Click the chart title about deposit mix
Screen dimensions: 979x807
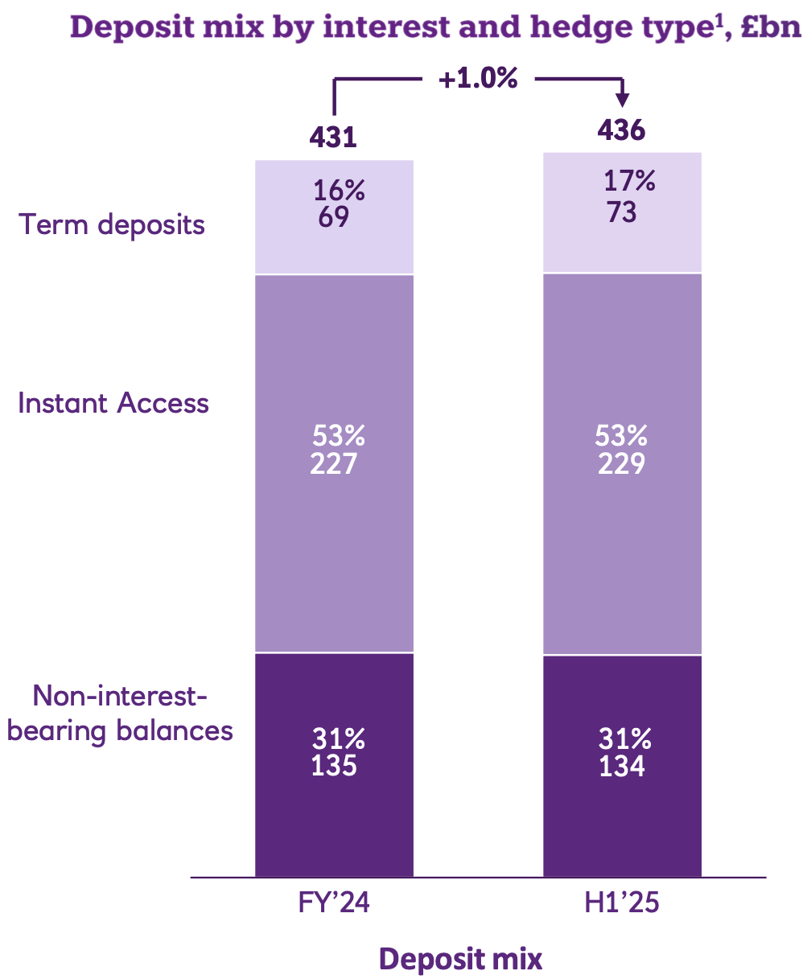[x=434, y=27]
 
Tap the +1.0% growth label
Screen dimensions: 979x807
[x=478, y=79]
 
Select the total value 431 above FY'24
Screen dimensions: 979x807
[x=333, y=137]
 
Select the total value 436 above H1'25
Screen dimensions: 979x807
[x=621, y=130]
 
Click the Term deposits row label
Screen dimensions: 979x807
[x=112, y=224]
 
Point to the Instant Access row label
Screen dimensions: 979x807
[x=113, y=402]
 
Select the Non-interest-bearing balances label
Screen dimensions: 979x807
[x=120, y=713]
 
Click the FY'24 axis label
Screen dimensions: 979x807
[x=334, y=903]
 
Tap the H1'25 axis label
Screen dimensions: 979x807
[x=622, y=903]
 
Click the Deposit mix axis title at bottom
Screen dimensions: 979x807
[x=461, y=959]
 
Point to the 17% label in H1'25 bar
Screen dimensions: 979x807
[x=629, y=181]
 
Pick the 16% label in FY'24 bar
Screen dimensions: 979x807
[x=339, y=191]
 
